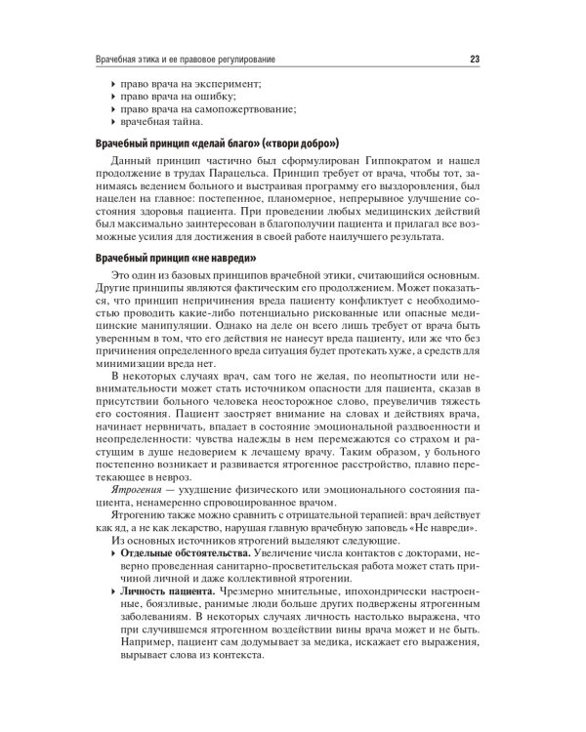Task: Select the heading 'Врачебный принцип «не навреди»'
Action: [174, 259]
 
